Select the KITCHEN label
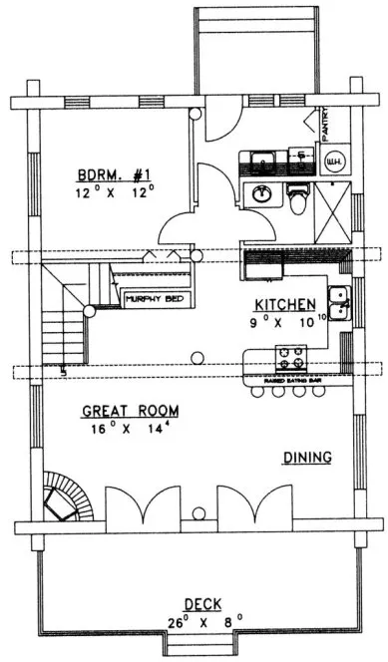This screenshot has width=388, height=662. [285, 304]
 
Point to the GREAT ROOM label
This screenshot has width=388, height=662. [130, 410]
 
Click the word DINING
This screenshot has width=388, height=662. [307, 457]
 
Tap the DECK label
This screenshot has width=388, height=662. [202, 603]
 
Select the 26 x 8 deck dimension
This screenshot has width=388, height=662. [202, 622]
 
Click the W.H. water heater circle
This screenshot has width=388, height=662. [335, 161]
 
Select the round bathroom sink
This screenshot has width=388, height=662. [261, 193]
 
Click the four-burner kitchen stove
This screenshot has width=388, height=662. [294, 356]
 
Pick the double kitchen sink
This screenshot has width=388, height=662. [339, 301]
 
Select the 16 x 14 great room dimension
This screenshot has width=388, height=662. [130, 429]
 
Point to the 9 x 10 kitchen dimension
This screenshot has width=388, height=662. [286, 322]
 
